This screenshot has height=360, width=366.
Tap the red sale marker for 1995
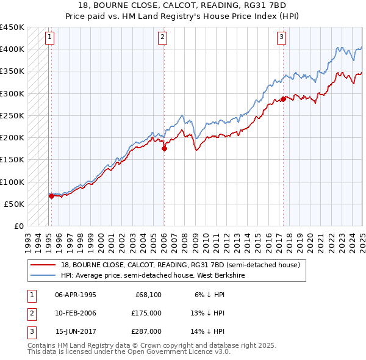coord(51,196)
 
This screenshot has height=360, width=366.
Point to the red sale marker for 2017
coord(284,99)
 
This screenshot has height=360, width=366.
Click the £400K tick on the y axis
coord(12,49)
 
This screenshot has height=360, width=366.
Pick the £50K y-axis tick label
coord(15,204)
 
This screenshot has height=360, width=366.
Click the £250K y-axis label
coord(12,115)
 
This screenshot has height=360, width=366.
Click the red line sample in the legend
coord(43,265)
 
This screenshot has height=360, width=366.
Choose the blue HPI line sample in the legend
coord(43,275)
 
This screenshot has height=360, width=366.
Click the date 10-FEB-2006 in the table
coord(76,313)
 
